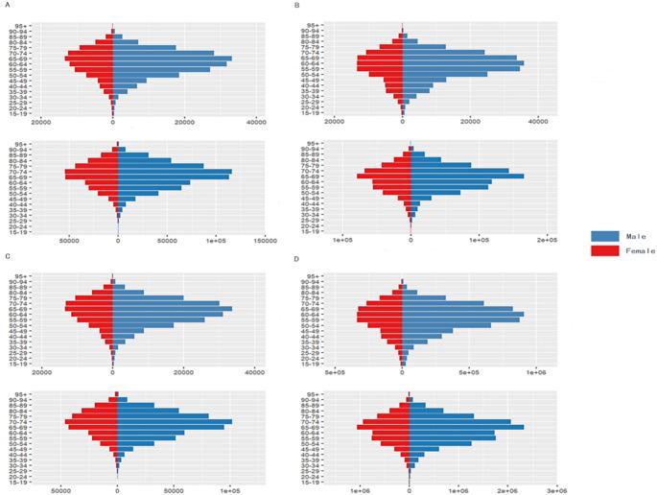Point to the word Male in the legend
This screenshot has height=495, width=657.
[635, 235]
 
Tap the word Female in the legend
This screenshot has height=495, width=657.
[640, 251]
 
